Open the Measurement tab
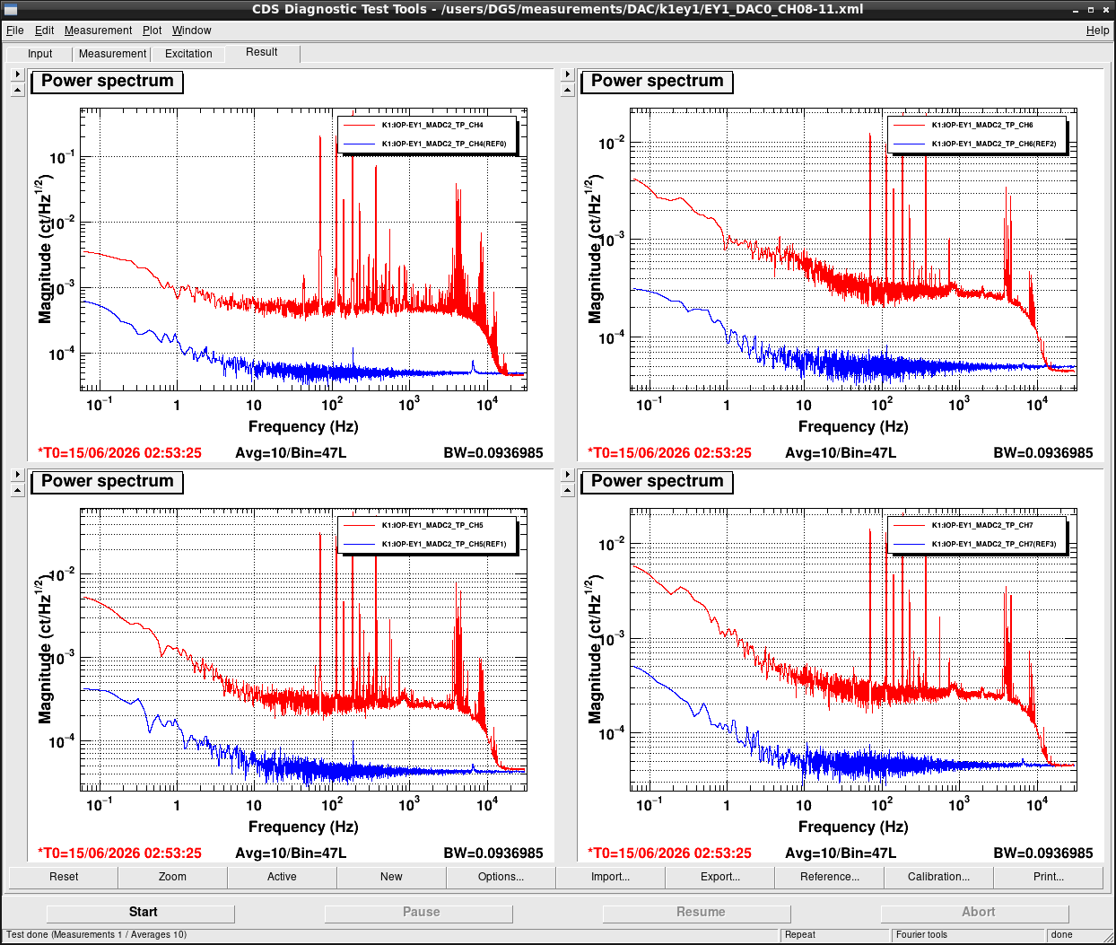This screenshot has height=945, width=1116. pyautogui.click(x=112, y=54)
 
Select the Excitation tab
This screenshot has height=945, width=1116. pyautogui.click(x=188, y=54)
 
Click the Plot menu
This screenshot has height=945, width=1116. pyautogui.click(x=152, y=31)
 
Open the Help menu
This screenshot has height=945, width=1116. pyautogui.click(x=1097, y=31)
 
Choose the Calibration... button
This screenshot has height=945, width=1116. pyautogui.click(x=938, y=877)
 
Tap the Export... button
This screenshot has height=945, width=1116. pyautogui.click(x=719, y=877)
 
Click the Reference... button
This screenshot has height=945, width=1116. pyautogui.click(x=829, y=877)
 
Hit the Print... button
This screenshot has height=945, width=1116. pyautogui.click(x=1048, y=877)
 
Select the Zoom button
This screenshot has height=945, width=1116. pyautogui.click(x=172, y=877)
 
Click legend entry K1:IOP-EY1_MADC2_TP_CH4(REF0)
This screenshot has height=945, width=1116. pyautogui.click(x=444, y=144)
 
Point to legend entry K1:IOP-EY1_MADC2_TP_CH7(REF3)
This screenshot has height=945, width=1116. pyautogui.click(x=993, y=544)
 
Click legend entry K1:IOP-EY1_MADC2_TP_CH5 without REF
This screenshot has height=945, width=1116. pyautogui.click(x=432, y=525)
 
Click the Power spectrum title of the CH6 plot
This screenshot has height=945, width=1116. pyautogui.click(x=657, y=81)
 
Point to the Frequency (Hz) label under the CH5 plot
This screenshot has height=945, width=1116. pyautogui.click(x=303, y=827)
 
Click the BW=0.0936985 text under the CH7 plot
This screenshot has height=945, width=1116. pyautogui.click(x=1043, y=853)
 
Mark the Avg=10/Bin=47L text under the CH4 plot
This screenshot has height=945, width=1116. pyautogui.click(x=291, y=452)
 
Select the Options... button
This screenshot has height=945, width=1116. pyautogui.click(x=501, y=877)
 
